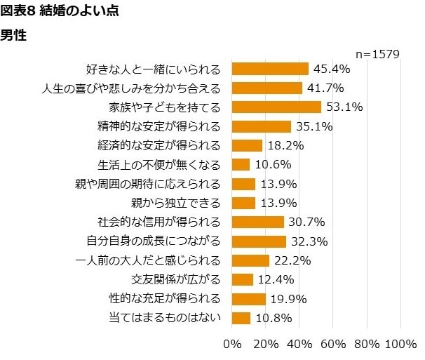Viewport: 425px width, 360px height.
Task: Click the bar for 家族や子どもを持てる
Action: [x=276, y=107]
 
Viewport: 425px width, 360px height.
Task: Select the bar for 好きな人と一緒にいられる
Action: [x=269, y=69]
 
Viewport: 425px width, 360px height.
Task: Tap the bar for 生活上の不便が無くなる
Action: [x=240, y=165]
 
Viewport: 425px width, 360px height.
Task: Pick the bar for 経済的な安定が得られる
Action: [x=246, y=146]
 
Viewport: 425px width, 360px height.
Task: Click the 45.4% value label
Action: [x=332, y=69]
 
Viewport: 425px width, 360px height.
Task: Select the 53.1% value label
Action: [x=344, y=107]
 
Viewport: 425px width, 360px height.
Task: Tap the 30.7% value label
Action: [x=306, y=222]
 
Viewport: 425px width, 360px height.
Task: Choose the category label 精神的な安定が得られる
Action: [x=159, y=127]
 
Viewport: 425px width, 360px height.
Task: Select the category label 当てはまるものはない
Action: [x=165, y=318]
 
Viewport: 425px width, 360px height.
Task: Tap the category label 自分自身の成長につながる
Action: [x=153, y=242]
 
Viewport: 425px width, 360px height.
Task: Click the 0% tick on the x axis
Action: [x=231, y=345]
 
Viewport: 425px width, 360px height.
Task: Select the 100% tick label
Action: [x=401, y=345]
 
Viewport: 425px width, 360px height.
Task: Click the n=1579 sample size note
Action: [x=377, y=53]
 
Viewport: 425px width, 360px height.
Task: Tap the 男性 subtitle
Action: [x=13, y=35]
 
